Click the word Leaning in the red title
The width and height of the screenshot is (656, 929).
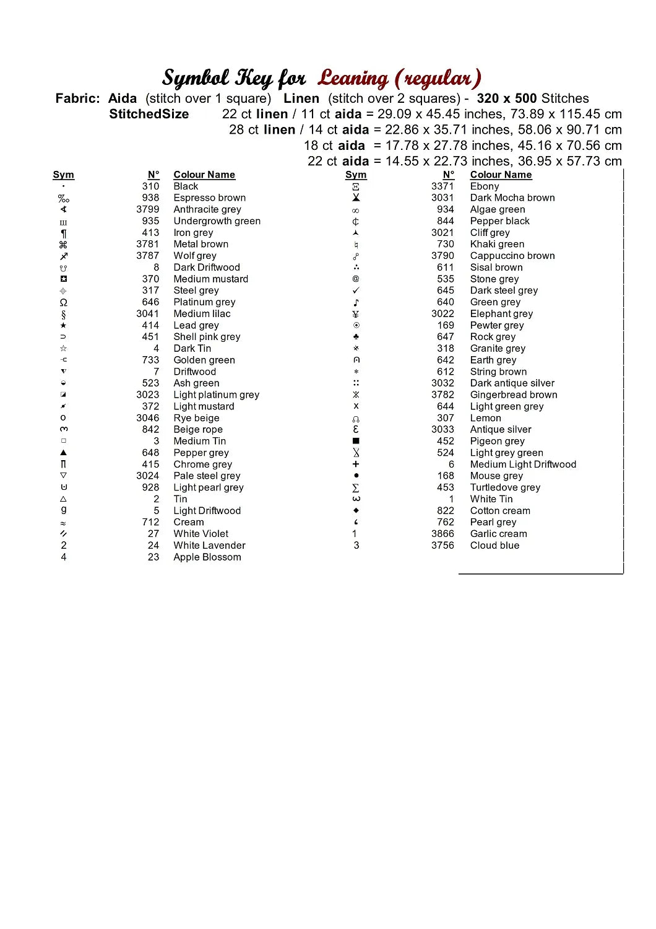click(353, 78)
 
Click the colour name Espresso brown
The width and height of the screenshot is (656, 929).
click(209, 198)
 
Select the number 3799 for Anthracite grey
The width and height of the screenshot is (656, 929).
click(148, 209)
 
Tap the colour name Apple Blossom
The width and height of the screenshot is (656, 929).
click(207, 557)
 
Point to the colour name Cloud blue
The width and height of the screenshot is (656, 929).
click(494, 545)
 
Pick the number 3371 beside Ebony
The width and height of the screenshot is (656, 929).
click(442, 186)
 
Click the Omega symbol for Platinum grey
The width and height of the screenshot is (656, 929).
click(63, 302)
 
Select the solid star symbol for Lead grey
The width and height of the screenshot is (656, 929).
click(63, 325)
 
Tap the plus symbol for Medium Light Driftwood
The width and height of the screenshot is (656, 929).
click(356, 464)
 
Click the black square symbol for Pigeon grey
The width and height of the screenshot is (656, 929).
click(356, 441)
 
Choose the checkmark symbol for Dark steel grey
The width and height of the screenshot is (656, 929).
click(356, 290)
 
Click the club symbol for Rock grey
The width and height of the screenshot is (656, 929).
click(356, 337)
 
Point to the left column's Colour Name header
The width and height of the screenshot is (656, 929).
click(204, 175)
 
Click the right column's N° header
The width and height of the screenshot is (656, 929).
click(449, 175)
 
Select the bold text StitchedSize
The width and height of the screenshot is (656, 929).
click(149, 114)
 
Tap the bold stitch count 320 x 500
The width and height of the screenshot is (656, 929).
click(507, 98)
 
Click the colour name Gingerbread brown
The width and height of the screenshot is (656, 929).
click(514, 395)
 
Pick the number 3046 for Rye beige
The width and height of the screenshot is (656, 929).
click(148, 418)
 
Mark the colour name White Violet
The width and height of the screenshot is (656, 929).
click(201, 534)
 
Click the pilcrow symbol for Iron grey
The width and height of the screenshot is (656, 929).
click(63, 233)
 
